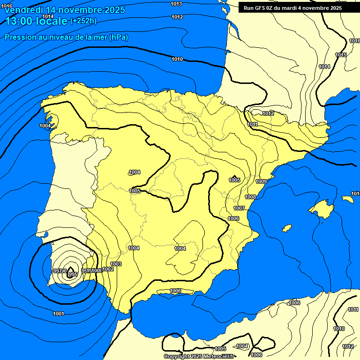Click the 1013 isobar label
pos(177,4)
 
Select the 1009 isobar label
pos(261,181)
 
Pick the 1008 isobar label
pos(250,197)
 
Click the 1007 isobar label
pos(239,208)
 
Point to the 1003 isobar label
pos(116,264)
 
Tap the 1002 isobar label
pos(108,269)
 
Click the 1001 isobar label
pos(59,314)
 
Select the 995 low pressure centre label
pos(73,275)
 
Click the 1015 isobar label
pos(341,55)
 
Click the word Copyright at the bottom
pos(177,357)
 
